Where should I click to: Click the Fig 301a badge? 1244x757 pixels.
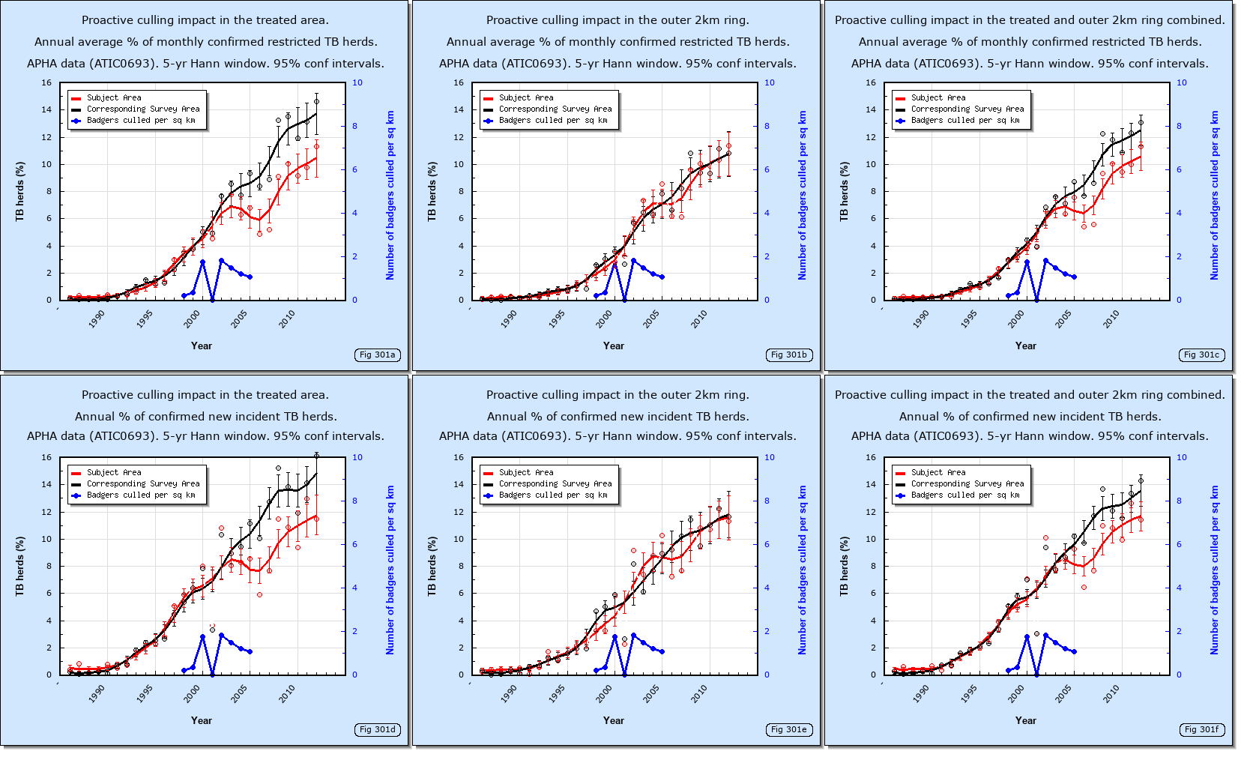tap(377, 355)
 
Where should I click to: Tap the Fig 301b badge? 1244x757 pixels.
tap(789, 355)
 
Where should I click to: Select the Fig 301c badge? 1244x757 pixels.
tap(1201, 355)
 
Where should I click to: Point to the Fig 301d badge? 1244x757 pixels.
tap(377, 729)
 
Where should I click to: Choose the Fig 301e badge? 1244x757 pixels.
tap(789, 729)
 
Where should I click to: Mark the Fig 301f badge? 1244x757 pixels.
tap(1201, 729)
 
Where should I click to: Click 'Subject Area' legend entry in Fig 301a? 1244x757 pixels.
tap(114, 98)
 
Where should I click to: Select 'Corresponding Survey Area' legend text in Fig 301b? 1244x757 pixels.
tap(555, 109)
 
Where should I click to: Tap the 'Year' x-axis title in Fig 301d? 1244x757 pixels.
tap(201, 720)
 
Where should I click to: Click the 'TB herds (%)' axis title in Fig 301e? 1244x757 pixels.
tap(432, 566)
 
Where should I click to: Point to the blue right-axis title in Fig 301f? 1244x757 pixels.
tap(1215, 570)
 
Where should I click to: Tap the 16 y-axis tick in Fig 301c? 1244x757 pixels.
tap(870, 83)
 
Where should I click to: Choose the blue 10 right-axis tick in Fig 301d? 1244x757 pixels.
tap(357, 457)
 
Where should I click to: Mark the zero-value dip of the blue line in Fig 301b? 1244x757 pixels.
tap(624, 299)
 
